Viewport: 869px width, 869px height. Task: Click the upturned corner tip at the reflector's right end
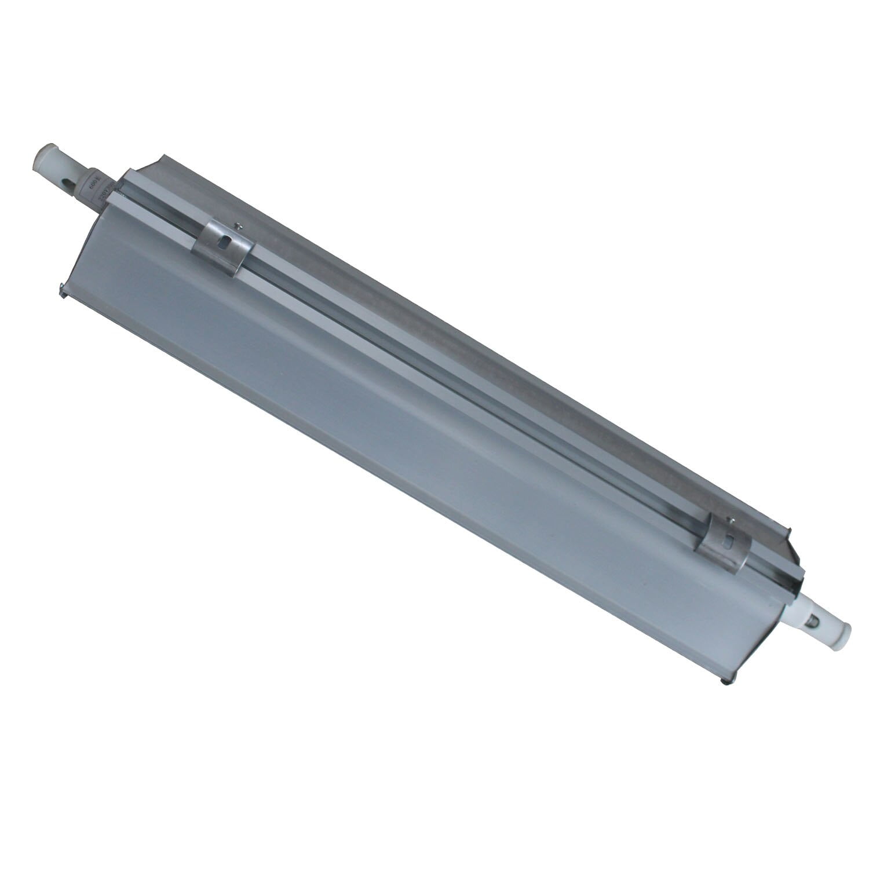788,529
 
